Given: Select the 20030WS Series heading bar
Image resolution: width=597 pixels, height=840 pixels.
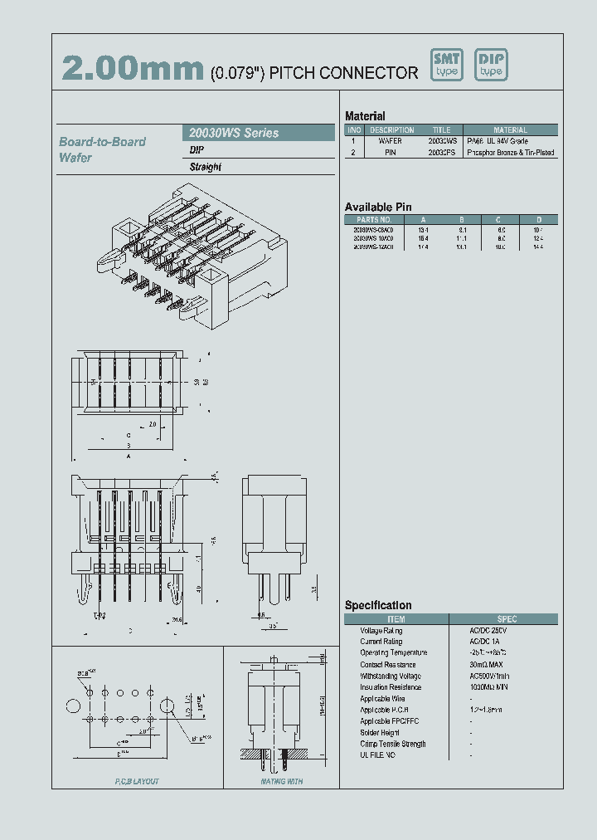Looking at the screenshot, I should coord(258,133).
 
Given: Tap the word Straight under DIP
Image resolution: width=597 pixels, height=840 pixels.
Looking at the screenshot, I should coord(206,167).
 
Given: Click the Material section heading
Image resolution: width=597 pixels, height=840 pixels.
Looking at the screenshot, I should coord(365,116).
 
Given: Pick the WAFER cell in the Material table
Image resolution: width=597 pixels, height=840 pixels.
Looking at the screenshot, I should coord(391,141).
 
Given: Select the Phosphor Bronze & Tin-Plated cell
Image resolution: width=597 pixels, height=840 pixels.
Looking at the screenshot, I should coord(511,153).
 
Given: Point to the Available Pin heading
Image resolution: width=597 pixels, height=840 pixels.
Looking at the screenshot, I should coord(378,207).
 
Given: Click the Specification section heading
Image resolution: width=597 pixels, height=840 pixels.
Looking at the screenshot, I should coord(378,605).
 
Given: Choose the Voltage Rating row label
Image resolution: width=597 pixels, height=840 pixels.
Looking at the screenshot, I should coord(381,631).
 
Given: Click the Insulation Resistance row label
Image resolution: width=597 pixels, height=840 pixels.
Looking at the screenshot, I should coord(392,687).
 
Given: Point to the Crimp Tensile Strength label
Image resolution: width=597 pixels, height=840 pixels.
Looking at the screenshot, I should coord(393,744).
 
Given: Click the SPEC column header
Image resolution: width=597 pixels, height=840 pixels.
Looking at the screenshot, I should coord(507,619).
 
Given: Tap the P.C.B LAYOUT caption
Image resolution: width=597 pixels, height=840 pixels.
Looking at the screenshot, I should coord(136,782).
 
